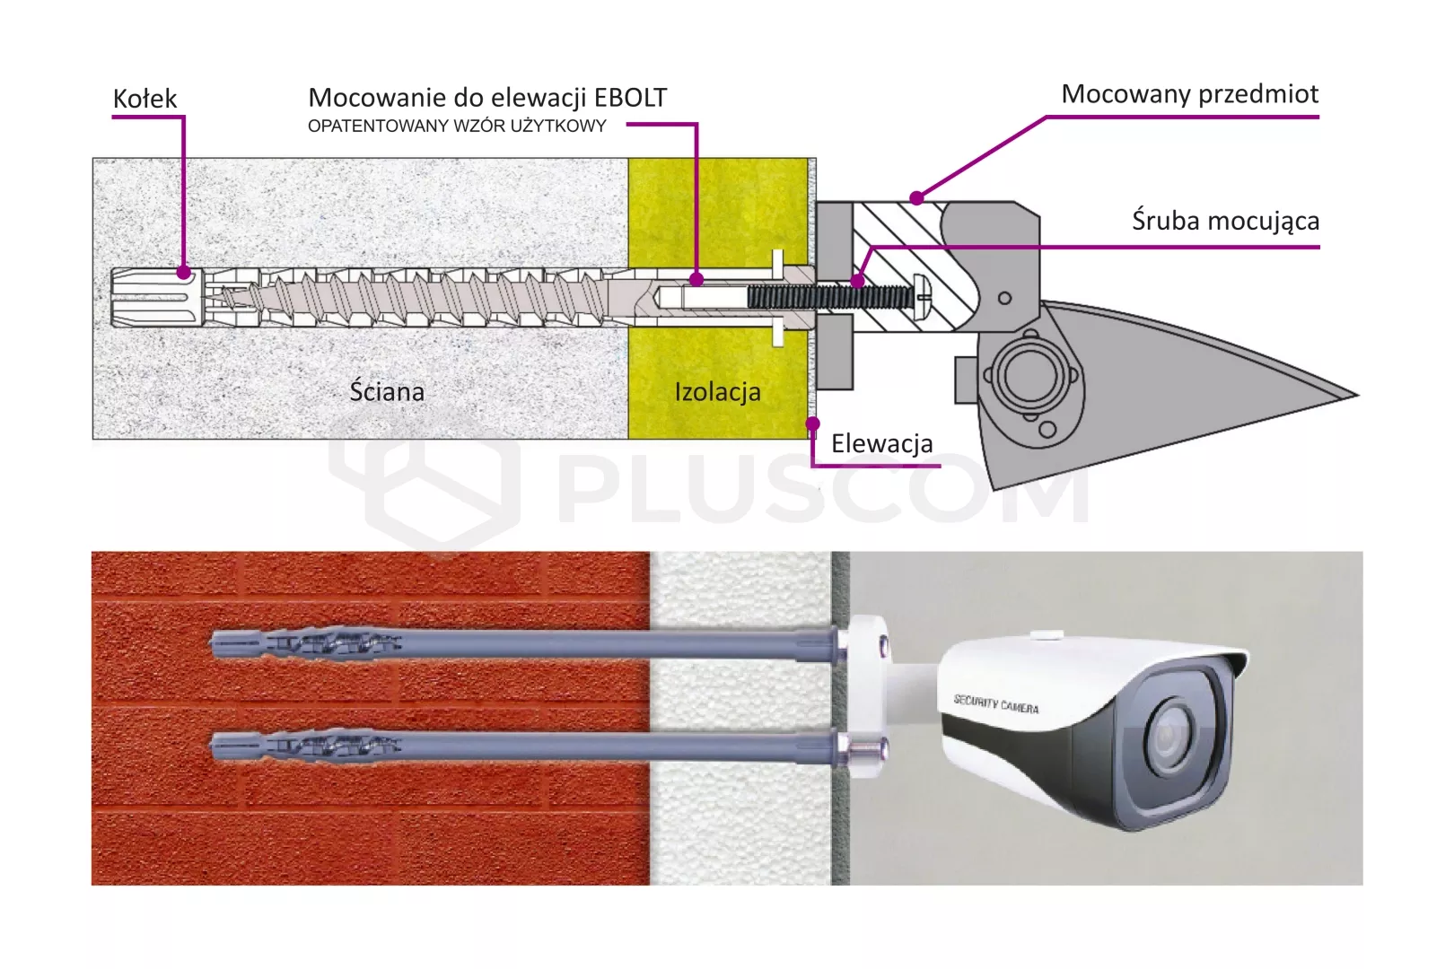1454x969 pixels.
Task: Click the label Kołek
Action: [145, 99]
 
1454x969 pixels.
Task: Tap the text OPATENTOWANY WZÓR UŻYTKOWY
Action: [457, 127]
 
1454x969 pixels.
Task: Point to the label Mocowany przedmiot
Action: [1189, 94]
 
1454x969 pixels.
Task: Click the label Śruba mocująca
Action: [1225, 221]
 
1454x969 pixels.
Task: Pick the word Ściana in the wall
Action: [387, 392]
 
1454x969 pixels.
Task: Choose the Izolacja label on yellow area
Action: [717, 392]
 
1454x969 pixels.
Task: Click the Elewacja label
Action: [881, 443]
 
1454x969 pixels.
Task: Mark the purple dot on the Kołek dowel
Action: [183, 272]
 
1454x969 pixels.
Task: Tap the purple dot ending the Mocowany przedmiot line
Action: [916, 197]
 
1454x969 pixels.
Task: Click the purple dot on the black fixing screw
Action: [858, 282]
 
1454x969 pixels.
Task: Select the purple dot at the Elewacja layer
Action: [812, 423]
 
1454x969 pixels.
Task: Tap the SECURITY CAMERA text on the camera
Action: [996, 704]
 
